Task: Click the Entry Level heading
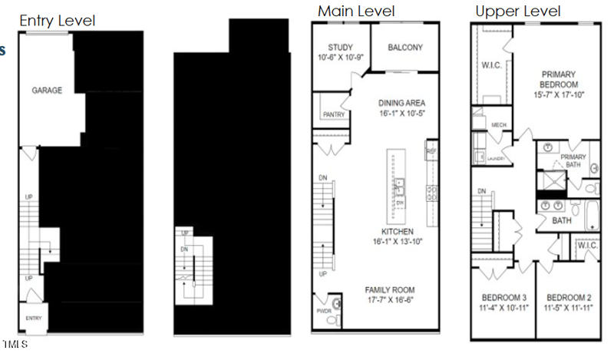[57, 21]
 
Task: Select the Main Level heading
[356, 11]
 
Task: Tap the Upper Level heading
[517, 11]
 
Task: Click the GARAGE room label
[47, 91]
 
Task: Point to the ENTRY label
[34, 318]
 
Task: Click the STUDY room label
[339, 48]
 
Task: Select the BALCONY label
[404, 48]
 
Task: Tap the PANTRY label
[333, 114]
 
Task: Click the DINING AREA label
[402, 103]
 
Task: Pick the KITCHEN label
[398, 231]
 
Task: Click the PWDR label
[323, 312]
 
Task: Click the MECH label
[499, 124]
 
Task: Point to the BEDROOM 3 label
[503, 298]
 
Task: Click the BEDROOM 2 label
[568, 298]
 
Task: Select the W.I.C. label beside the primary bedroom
[492, 65]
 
